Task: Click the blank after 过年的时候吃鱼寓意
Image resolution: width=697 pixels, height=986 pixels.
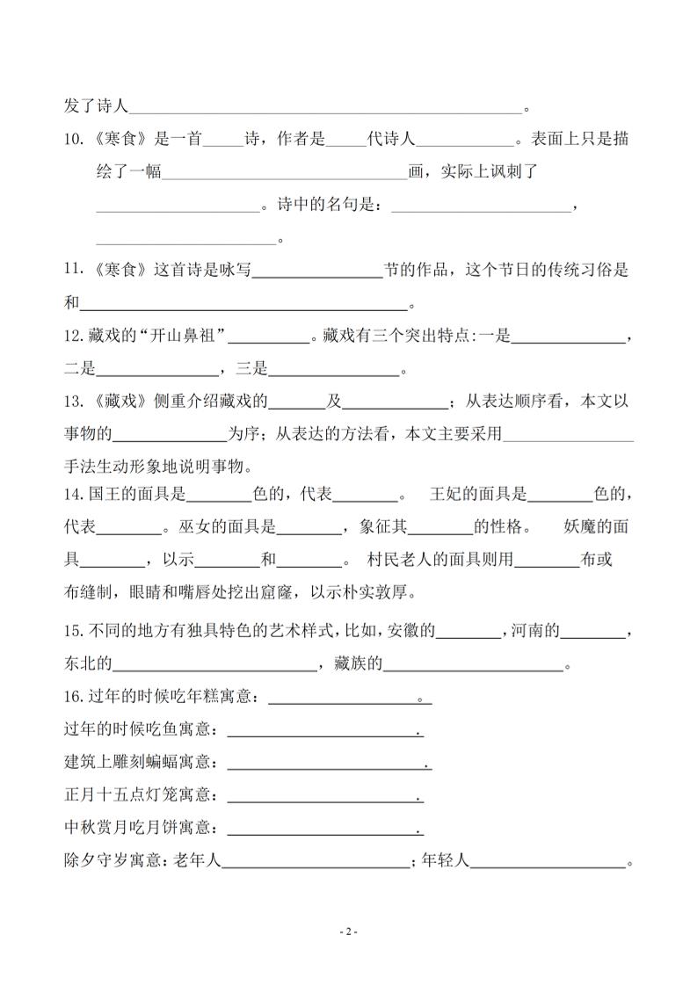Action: (x=324, y=730)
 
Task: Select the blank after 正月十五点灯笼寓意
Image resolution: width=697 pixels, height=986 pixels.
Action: (x=324, y=796)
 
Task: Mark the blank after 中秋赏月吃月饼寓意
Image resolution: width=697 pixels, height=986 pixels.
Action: (x=324, y=829)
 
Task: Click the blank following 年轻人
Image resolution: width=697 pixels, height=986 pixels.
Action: (x=548, y=862)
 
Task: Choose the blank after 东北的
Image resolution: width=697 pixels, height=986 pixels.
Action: (x=215, y=664)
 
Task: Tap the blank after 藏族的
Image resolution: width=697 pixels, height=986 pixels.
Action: (x=473, y=664)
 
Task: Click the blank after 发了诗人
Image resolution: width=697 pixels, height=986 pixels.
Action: (x=325, y=107)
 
